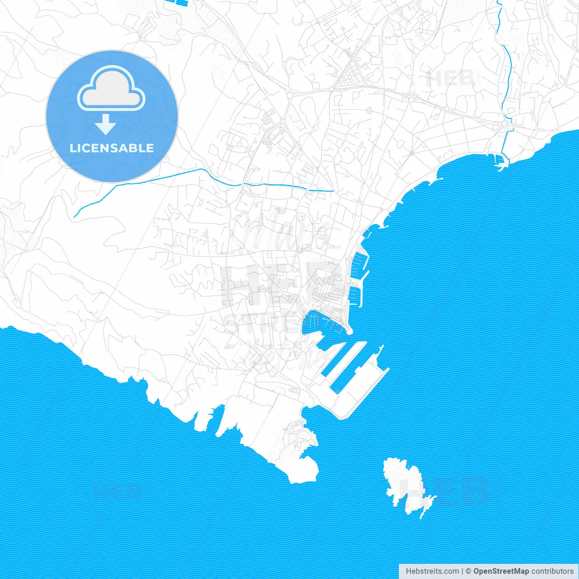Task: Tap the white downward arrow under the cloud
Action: pos(106,124)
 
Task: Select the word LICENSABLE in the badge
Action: pos(112,148)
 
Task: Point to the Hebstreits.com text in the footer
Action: pos(432,571)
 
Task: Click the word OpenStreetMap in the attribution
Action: pos(501,571)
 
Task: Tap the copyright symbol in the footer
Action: pos(469,571)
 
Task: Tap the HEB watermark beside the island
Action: pos(461,491)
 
